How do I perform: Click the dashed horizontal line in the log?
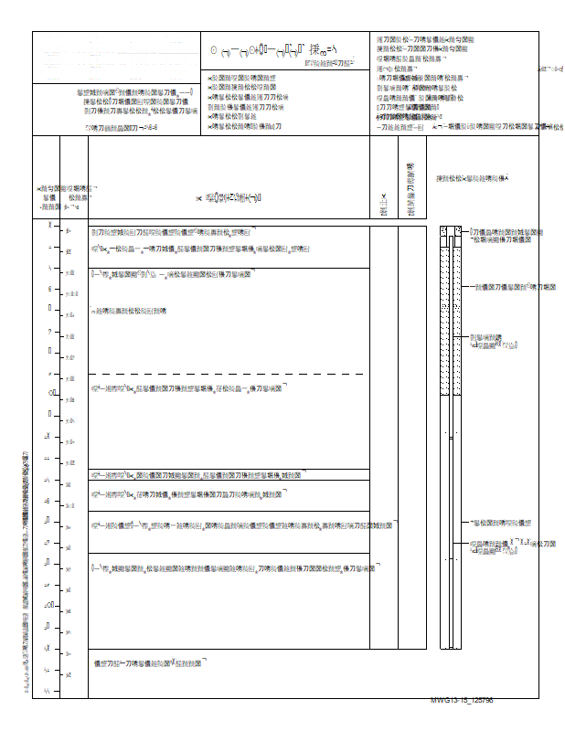tap(229, 375)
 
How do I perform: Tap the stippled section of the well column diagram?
tap(447, 320)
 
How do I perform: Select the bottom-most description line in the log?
tap(151, 663)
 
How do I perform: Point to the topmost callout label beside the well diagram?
tap(507, 237)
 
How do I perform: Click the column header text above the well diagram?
tap(471, 178)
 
